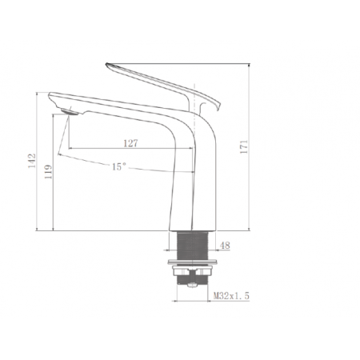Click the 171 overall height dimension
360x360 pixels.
coord(244,146)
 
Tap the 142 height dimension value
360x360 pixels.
coord(32,161)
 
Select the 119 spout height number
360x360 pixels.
coord(48,171)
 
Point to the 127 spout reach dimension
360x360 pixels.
coord(130,143)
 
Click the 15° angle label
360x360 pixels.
coord(118,167)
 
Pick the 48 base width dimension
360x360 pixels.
coord(226,246)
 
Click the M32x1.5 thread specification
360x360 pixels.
coord(231,295)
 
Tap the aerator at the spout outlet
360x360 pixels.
coord(70,112)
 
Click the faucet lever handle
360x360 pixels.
coord(162,86)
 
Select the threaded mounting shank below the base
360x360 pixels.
coord(192,246)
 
